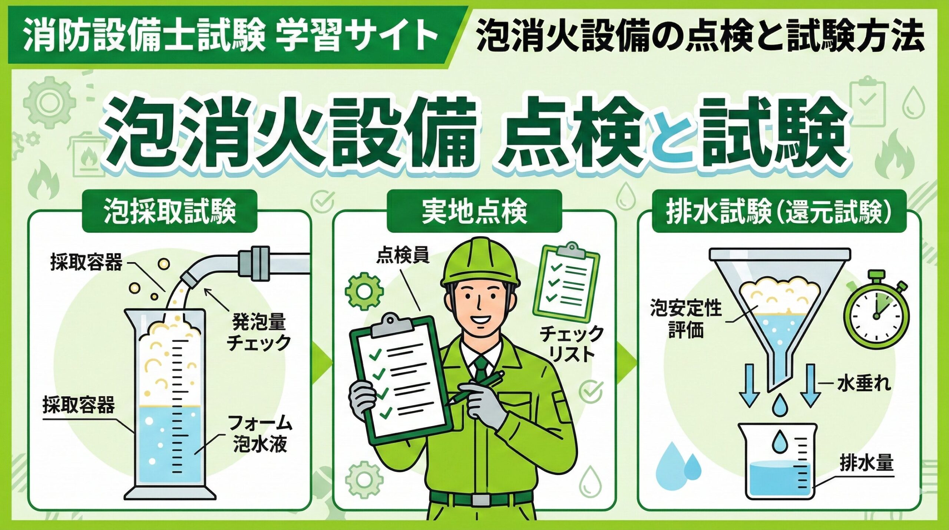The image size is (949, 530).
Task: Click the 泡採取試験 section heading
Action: pyautogui.click(x=170, y=212)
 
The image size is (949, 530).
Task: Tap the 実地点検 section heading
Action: pyautogui.click(x=474, y=212)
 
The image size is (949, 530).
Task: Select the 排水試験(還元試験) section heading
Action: pyautogui.click(x=779, y=212)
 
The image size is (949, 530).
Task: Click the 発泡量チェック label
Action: pyautogui.click(x=258, y=332)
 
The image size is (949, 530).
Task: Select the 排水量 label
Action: pyautogui.click(x=867, y=463)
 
